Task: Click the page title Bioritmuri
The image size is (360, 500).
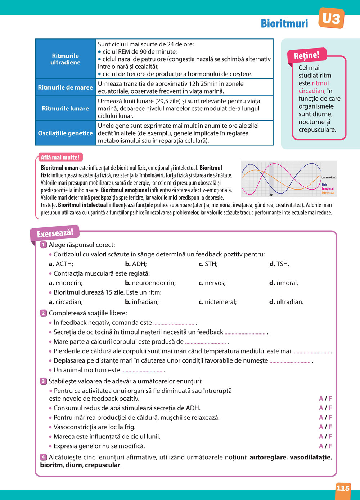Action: (284, 23)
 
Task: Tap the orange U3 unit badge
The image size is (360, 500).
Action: (331, 18)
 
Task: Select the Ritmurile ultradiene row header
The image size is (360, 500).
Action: (65, 59)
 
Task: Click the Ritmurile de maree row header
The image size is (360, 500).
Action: (65, 87)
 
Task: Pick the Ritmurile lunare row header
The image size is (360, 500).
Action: (65, 108)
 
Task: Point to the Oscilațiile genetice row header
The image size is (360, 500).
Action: (65, 133)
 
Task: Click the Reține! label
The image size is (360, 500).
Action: (306, 56)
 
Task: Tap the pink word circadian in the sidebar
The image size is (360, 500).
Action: (311, 91)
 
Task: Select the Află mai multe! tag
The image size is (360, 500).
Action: (60, 158)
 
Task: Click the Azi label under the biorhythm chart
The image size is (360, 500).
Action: (271, 195)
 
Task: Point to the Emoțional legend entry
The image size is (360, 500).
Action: (328, 188)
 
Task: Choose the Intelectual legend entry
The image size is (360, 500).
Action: (328, 193)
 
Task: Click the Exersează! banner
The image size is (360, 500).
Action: (55, 233)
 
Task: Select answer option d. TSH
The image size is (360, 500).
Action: (279, 264)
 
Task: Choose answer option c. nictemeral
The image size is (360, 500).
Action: (217, 302)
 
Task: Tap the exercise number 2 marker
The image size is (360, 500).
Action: (44, 313)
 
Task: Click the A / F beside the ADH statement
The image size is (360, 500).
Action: (325, 408)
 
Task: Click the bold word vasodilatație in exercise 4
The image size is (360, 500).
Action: (310, 458)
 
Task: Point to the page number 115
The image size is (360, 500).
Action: (343, 488)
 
